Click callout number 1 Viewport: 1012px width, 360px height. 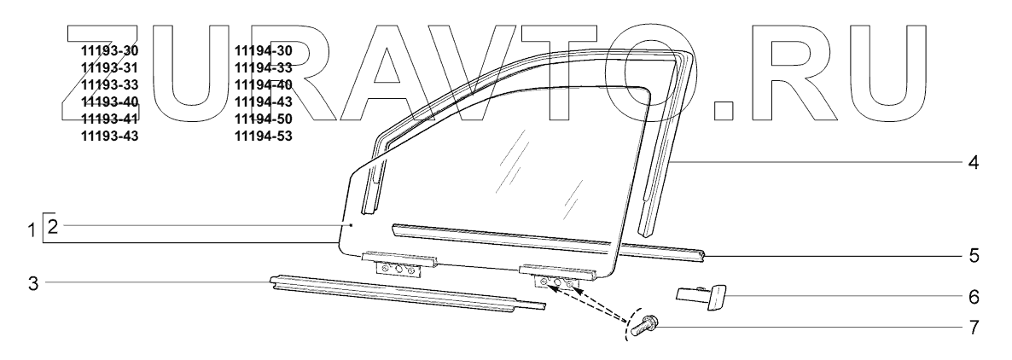33,229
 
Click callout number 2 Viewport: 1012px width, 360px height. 53,226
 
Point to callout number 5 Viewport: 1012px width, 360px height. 974,254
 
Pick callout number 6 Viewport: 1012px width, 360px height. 974,298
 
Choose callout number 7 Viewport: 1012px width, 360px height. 974,326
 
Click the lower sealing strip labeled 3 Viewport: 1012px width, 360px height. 401,295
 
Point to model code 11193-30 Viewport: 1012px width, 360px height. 108,50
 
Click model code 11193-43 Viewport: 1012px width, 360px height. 108,136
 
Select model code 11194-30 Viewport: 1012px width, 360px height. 263,50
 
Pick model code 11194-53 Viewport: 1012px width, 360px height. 263,136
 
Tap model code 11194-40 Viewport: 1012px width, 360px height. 263,84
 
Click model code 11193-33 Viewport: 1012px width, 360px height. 108,84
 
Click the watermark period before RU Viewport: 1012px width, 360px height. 727,107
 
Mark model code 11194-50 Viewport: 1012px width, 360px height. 263,119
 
